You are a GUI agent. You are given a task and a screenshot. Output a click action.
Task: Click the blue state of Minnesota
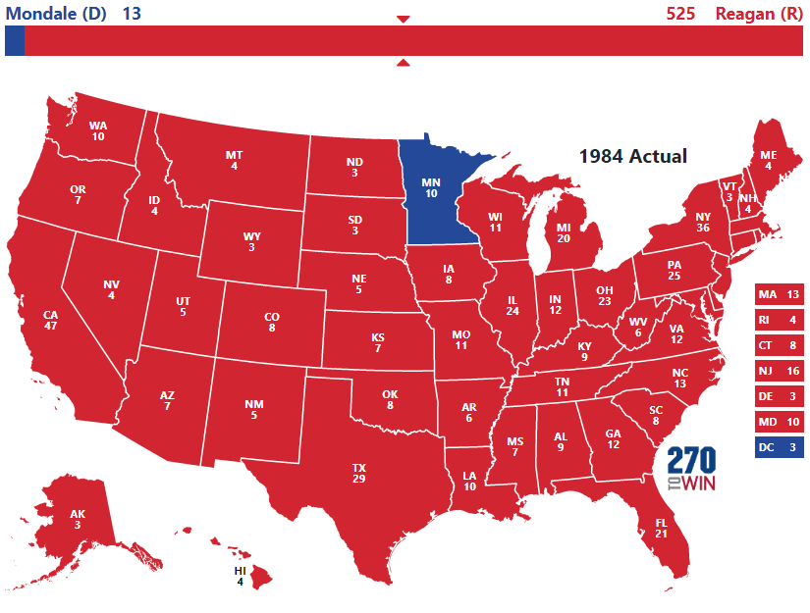pyautogui.click(x=432, y=191)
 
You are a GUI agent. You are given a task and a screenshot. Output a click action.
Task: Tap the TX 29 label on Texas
pyautogui.click(x=358, y=472)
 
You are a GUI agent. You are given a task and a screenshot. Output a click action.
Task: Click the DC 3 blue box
pyautogui.click(x=780, y=448)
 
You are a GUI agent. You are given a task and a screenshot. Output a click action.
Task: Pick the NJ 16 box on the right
pyautogui.click(x=780, y=372)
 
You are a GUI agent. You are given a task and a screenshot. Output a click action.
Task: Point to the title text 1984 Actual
pyautogui.click(x=632, y=156)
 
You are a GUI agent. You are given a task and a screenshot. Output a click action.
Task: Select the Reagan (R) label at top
pyautogui.click(x=758, y=13)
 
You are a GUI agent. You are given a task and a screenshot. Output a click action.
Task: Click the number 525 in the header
pyautogui.click(x=680, y=13)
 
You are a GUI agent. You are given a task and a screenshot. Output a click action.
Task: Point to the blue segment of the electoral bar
pyautogui.click(x=14, y=41)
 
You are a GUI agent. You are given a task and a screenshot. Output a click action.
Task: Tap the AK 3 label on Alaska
pyautogui.click(x=78, y=520)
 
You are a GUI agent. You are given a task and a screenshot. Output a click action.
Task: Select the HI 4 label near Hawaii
pyautogui.click(x=240, y=576)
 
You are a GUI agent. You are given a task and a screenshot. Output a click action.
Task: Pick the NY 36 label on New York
pyautogui.click(x=703, y=223)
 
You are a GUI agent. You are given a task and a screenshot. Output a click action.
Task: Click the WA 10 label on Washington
pyautogui.click(x=98, y=131)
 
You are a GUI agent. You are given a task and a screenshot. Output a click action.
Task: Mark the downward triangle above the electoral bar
pyautogui.click(x=403, y=19)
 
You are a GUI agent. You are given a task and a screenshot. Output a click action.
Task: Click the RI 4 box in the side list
pyautogui.click(x=780, y=321)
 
